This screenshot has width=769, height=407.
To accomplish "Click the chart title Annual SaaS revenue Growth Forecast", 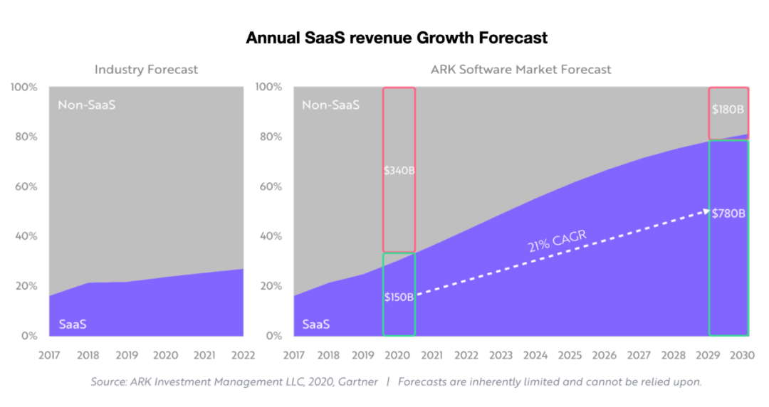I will tap(397, 38).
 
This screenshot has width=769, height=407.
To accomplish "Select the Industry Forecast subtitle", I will tap(146, 70).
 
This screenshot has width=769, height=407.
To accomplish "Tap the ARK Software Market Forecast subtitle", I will tap(520, 70).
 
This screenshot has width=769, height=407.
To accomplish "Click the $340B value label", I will tap(399, 171).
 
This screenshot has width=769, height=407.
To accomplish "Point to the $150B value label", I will tap(399, 297).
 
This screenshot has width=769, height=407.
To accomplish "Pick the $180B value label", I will tap(728, 110).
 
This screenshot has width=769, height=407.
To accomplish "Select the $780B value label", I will tap(728, 213).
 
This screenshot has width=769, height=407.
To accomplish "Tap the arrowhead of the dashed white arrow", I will tap(706, 211).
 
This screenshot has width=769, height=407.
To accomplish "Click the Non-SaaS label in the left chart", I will tap(86, 105).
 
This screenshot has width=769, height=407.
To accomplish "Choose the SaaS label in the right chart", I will tap(316, 324).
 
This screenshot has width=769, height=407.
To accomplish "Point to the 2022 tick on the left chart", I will tap(244, 354).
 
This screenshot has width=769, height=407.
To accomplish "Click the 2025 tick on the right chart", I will tap(570, 354).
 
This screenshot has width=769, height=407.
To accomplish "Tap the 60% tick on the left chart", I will tap(26, 186).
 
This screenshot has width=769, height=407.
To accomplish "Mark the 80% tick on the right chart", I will tap(272, 137).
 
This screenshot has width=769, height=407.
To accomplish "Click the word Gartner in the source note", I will tap(357, 382).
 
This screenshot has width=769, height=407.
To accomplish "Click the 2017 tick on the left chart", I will tap(49, 354).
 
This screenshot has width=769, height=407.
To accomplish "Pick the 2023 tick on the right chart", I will tap(501, 354).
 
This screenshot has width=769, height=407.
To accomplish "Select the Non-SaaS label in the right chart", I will tap(331, 105).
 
